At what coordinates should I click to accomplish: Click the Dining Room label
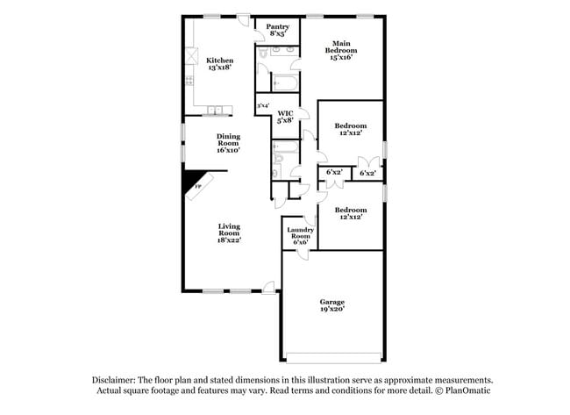tap(228, 142)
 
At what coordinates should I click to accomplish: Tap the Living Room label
tap(229, 232)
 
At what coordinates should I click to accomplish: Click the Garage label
tap(331, 302)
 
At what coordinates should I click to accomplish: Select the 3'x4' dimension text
tap(262, 107)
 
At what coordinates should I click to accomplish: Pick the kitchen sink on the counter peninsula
tap(216, 111)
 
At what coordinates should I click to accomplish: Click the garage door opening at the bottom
tap(333, 357)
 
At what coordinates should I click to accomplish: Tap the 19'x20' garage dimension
tap(331, 310)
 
